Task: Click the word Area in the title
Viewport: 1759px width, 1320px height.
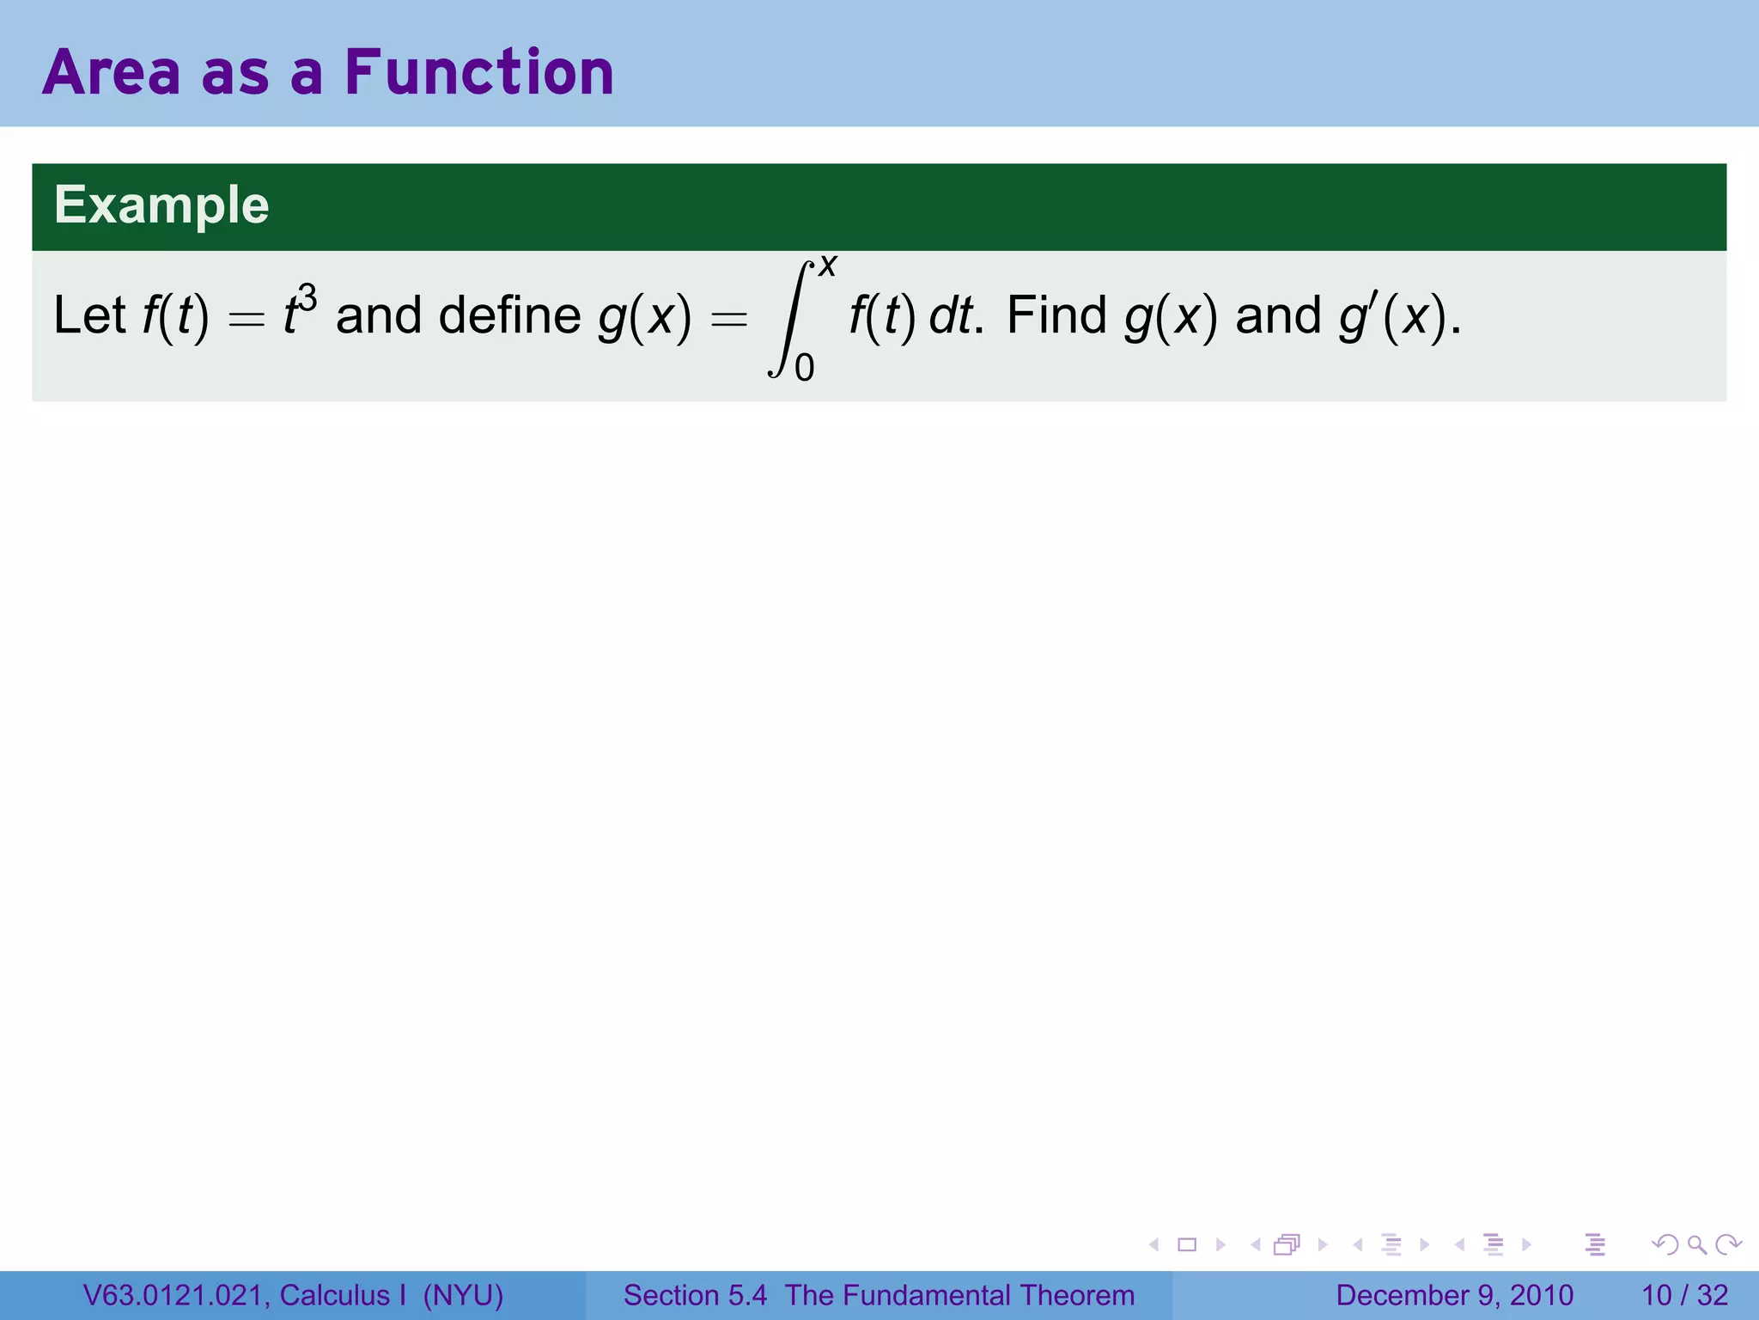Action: pyautogui.click(x=112, y=72)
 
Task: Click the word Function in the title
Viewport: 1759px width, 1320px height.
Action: pyautogui.click(x=479, y=72)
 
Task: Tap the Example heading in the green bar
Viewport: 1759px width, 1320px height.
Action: pyautogui.click(x=161, y=205)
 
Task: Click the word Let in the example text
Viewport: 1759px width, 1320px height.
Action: pyautogui.click(x=89, y=315)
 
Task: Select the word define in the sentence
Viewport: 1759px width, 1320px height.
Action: pyautogui.click(x=509, y=315)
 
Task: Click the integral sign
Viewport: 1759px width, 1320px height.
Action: pyautogui.click(x=789, y=318)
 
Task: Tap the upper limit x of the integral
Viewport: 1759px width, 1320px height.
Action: pyautogui.click(x=827, y=266)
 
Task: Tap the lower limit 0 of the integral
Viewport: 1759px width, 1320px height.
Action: pyautogui.click(x=804, y=369)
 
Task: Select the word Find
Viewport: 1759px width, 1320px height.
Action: pyautogui.click(x=1056, y=315)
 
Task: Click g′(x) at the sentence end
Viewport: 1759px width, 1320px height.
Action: pyautogui.click(x=1393, y=315)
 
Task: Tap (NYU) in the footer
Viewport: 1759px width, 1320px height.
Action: pyautogui.click(x=463, y=1295)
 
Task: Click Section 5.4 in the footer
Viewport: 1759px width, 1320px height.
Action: pyautogui.click(x=695, y=1295)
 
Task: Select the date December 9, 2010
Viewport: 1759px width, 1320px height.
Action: pyautogui.click(x=1454, y=1295)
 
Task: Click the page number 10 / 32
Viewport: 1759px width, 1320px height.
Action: pyautogui.click(x=1684, y=1295)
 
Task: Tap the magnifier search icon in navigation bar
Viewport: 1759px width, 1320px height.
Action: pyautogui.click(x=1696, y=1244)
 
